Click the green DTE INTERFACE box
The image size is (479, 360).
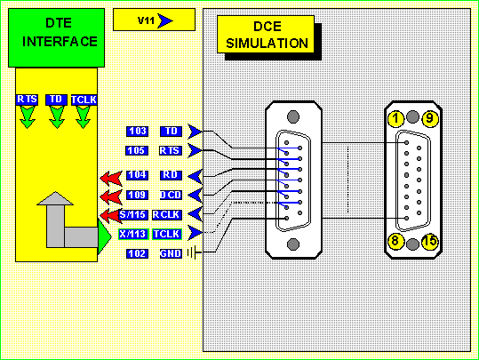click(57, 38)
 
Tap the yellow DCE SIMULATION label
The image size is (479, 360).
click(266, 35)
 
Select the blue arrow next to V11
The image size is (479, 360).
click(165, 20)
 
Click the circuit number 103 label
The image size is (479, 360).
click(138, 132)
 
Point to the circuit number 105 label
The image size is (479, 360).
click(137, 150)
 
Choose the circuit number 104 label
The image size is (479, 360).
click(138, 175)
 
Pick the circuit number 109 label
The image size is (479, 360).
click(138, 195)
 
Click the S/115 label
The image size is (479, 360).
click(133, 215)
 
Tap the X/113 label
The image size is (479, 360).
click(134, 235)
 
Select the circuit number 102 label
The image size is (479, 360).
click(138, 253)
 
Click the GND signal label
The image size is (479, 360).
click(171, 253)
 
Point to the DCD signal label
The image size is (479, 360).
click(171, 195)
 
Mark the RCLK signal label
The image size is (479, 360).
click(167, 215)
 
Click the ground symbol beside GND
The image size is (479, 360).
click(194, 252)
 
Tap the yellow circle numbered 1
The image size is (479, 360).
click(396, 118)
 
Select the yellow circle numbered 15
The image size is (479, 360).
click(430, 242)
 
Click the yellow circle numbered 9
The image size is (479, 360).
click(430, 118)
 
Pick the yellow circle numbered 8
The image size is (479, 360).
click(395, 242)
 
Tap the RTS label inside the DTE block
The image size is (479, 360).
click(27, 100)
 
